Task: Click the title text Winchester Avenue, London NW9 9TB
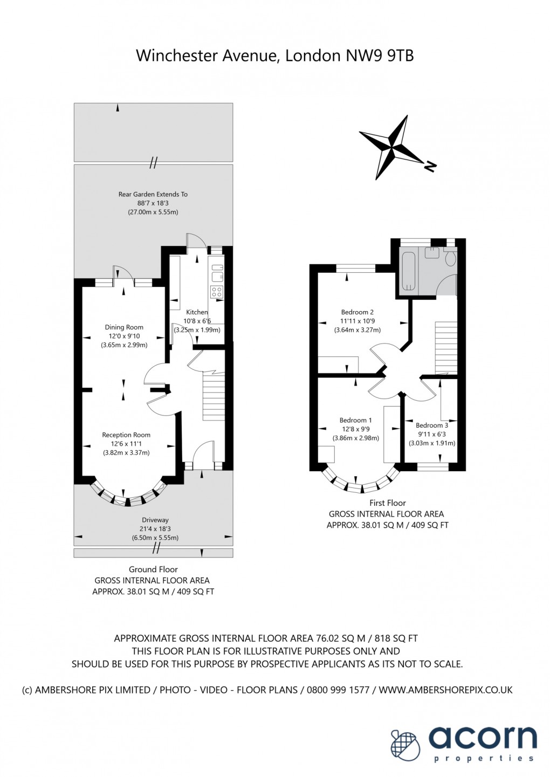click(274, 56)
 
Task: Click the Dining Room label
click(124, 327)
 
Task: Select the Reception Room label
click(126, 435)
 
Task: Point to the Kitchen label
click(197, 312)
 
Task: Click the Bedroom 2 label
click(357, 312)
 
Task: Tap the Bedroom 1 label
click(355, 421)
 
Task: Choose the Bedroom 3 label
click(432, 425)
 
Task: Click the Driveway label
click(155, 520)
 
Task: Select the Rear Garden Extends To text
click(153, 194)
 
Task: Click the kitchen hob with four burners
click(217, 292)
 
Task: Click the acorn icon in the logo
click(406, 745)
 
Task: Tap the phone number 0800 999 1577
click(338, 690)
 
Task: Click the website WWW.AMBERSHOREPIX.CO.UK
click(445, 690)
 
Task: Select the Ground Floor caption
click(153, 569)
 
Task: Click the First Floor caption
click(387, 503)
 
